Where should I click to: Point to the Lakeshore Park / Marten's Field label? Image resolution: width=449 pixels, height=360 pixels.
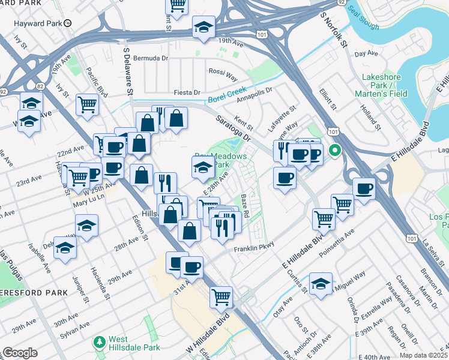tap(384, 85)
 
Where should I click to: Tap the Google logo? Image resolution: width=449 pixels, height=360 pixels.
tap(20, 353)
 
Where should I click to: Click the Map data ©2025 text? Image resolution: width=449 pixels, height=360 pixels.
tap(423, 355)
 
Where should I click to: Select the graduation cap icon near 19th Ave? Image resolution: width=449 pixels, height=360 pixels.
tap(204, 26)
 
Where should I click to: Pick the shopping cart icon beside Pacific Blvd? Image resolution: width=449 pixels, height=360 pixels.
tap(88, 104)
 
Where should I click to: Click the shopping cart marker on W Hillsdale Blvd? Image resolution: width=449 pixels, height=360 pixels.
tap(221, 296)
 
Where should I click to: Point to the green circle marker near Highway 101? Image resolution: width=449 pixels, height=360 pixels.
tap(336, 150)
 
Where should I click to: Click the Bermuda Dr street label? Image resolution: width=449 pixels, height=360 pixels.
tap(151, 58)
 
